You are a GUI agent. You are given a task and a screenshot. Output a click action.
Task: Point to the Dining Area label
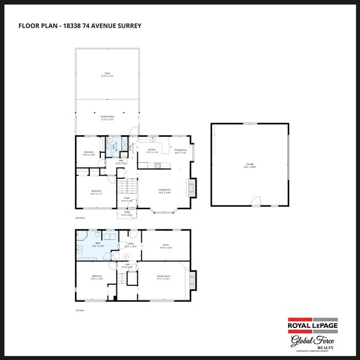[x=181, y=151]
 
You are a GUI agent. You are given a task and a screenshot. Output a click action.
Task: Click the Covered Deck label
[x=107, y=118]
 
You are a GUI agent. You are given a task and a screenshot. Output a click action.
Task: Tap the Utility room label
[x=131, y=244]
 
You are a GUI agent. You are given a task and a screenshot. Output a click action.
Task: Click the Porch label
[x=127, y=213]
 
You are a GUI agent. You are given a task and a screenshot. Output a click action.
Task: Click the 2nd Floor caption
[x=81, y=219]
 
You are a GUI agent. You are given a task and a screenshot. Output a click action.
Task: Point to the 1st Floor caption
[x=81, y=310]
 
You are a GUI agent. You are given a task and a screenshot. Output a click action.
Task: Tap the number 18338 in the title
[x=71, y=25]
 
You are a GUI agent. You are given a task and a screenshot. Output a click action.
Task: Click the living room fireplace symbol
[x=192, y=187]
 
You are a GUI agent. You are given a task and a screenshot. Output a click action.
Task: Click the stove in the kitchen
[x=157, y=164]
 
